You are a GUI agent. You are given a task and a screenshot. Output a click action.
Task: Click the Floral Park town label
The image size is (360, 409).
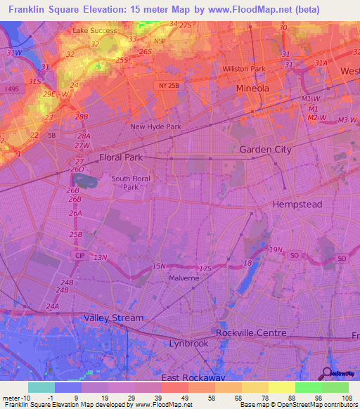click(121, 157)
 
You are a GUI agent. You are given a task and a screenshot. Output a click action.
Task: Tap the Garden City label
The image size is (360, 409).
click(265, 150)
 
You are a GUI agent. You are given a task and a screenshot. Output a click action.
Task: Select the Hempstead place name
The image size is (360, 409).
click(297, 204)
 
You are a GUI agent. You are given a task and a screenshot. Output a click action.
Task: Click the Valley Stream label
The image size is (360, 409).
click(113, 318)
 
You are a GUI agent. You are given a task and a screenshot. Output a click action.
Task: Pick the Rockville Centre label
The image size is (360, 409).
click(251, 332)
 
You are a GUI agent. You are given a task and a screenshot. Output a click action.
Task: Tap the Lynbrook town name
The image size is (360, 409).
click(188, 344)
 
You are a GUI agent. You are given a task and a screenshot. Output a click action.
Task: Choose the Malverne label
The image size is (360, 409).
click(184, 278)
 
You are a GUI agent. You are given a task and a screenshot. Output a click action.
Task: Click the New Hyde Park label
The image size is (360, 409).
click(156, 126)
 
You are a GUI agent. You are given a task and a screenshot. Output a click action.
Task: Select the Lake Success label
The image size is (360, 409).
click(94, 32)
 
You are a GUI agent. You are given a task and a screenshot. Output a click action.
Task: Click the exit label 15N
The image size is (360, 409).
click(159, 266)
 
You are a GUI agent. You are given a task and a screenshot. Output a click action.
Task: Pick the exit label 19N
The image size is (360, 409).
click(275, 249)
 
